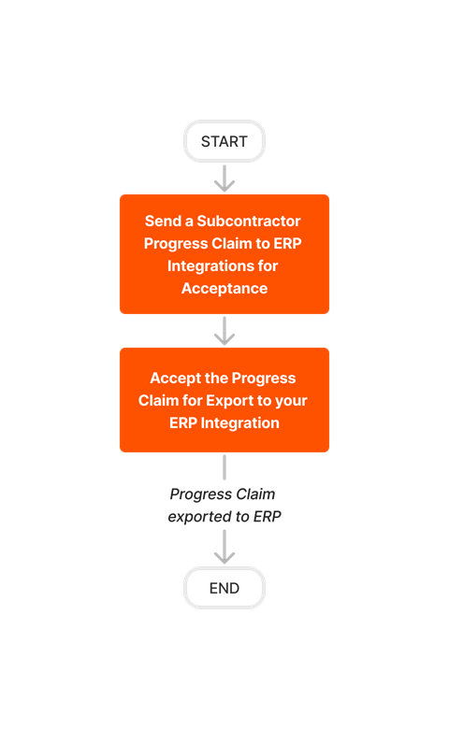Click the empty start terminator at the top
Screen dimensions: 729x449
(x=224, y=141)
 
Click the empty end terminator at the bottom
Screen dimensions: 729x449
(x=224, y=588)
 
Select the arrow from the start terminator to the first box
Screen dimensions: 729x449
(x=224, y=178)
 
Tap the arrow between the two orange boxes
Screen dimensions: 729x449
(x=224, y=331)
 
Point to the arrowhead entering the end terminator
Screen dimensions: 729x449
(x=224, y=557)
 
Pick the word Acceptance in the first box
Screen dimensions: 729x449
(x=224, y=289)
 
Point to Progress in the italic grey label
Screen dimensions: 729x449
(x=199, y=494)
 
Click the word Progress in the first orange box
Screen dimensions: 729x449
(x=176, y=244)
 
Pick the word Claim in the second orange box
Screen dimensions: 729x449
(x=159, y=401)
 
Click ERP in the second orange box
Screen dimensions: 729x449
(x=185, y=423)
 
